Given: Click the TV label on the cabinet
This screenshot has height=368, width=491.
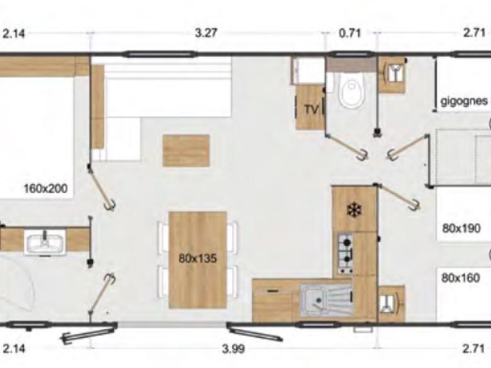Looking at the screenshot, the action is pos(311,109).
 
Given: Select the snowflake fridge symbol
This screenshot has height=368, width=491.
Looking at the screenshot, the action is pos(354,210).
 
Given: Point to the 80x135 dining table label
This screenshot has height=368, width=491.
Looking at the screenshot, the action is pos(198,259).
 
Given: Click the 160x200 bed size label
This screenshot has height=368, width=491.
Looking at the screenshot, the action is pos(46,188).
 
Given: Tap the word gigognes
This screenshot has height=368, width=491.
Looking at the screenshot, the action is pos(464,101).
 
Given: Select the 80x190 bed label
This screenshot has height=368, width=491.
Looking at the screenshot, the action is pos(461,228).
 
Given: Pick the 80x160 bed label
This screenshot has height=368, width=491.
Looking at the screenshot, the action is pos(461,278).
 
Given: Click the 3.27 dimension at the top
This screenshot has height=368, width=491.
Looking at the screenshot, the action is pos(206,33).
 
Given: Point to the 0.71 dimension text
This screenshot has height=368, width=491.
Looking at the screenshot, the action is pos(350,33).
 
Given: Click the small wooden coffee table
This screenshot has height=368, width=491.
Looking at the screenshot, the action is pos(186,150).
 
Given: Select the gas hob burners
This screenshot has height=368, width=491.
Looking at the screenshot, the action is pos(346,254).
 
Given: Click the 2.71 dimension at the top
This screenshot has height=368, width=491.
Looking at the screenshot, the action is pos(475,33).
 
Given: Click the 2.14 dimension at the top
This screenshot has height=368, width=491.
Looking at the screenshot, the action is pos(14,33).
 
